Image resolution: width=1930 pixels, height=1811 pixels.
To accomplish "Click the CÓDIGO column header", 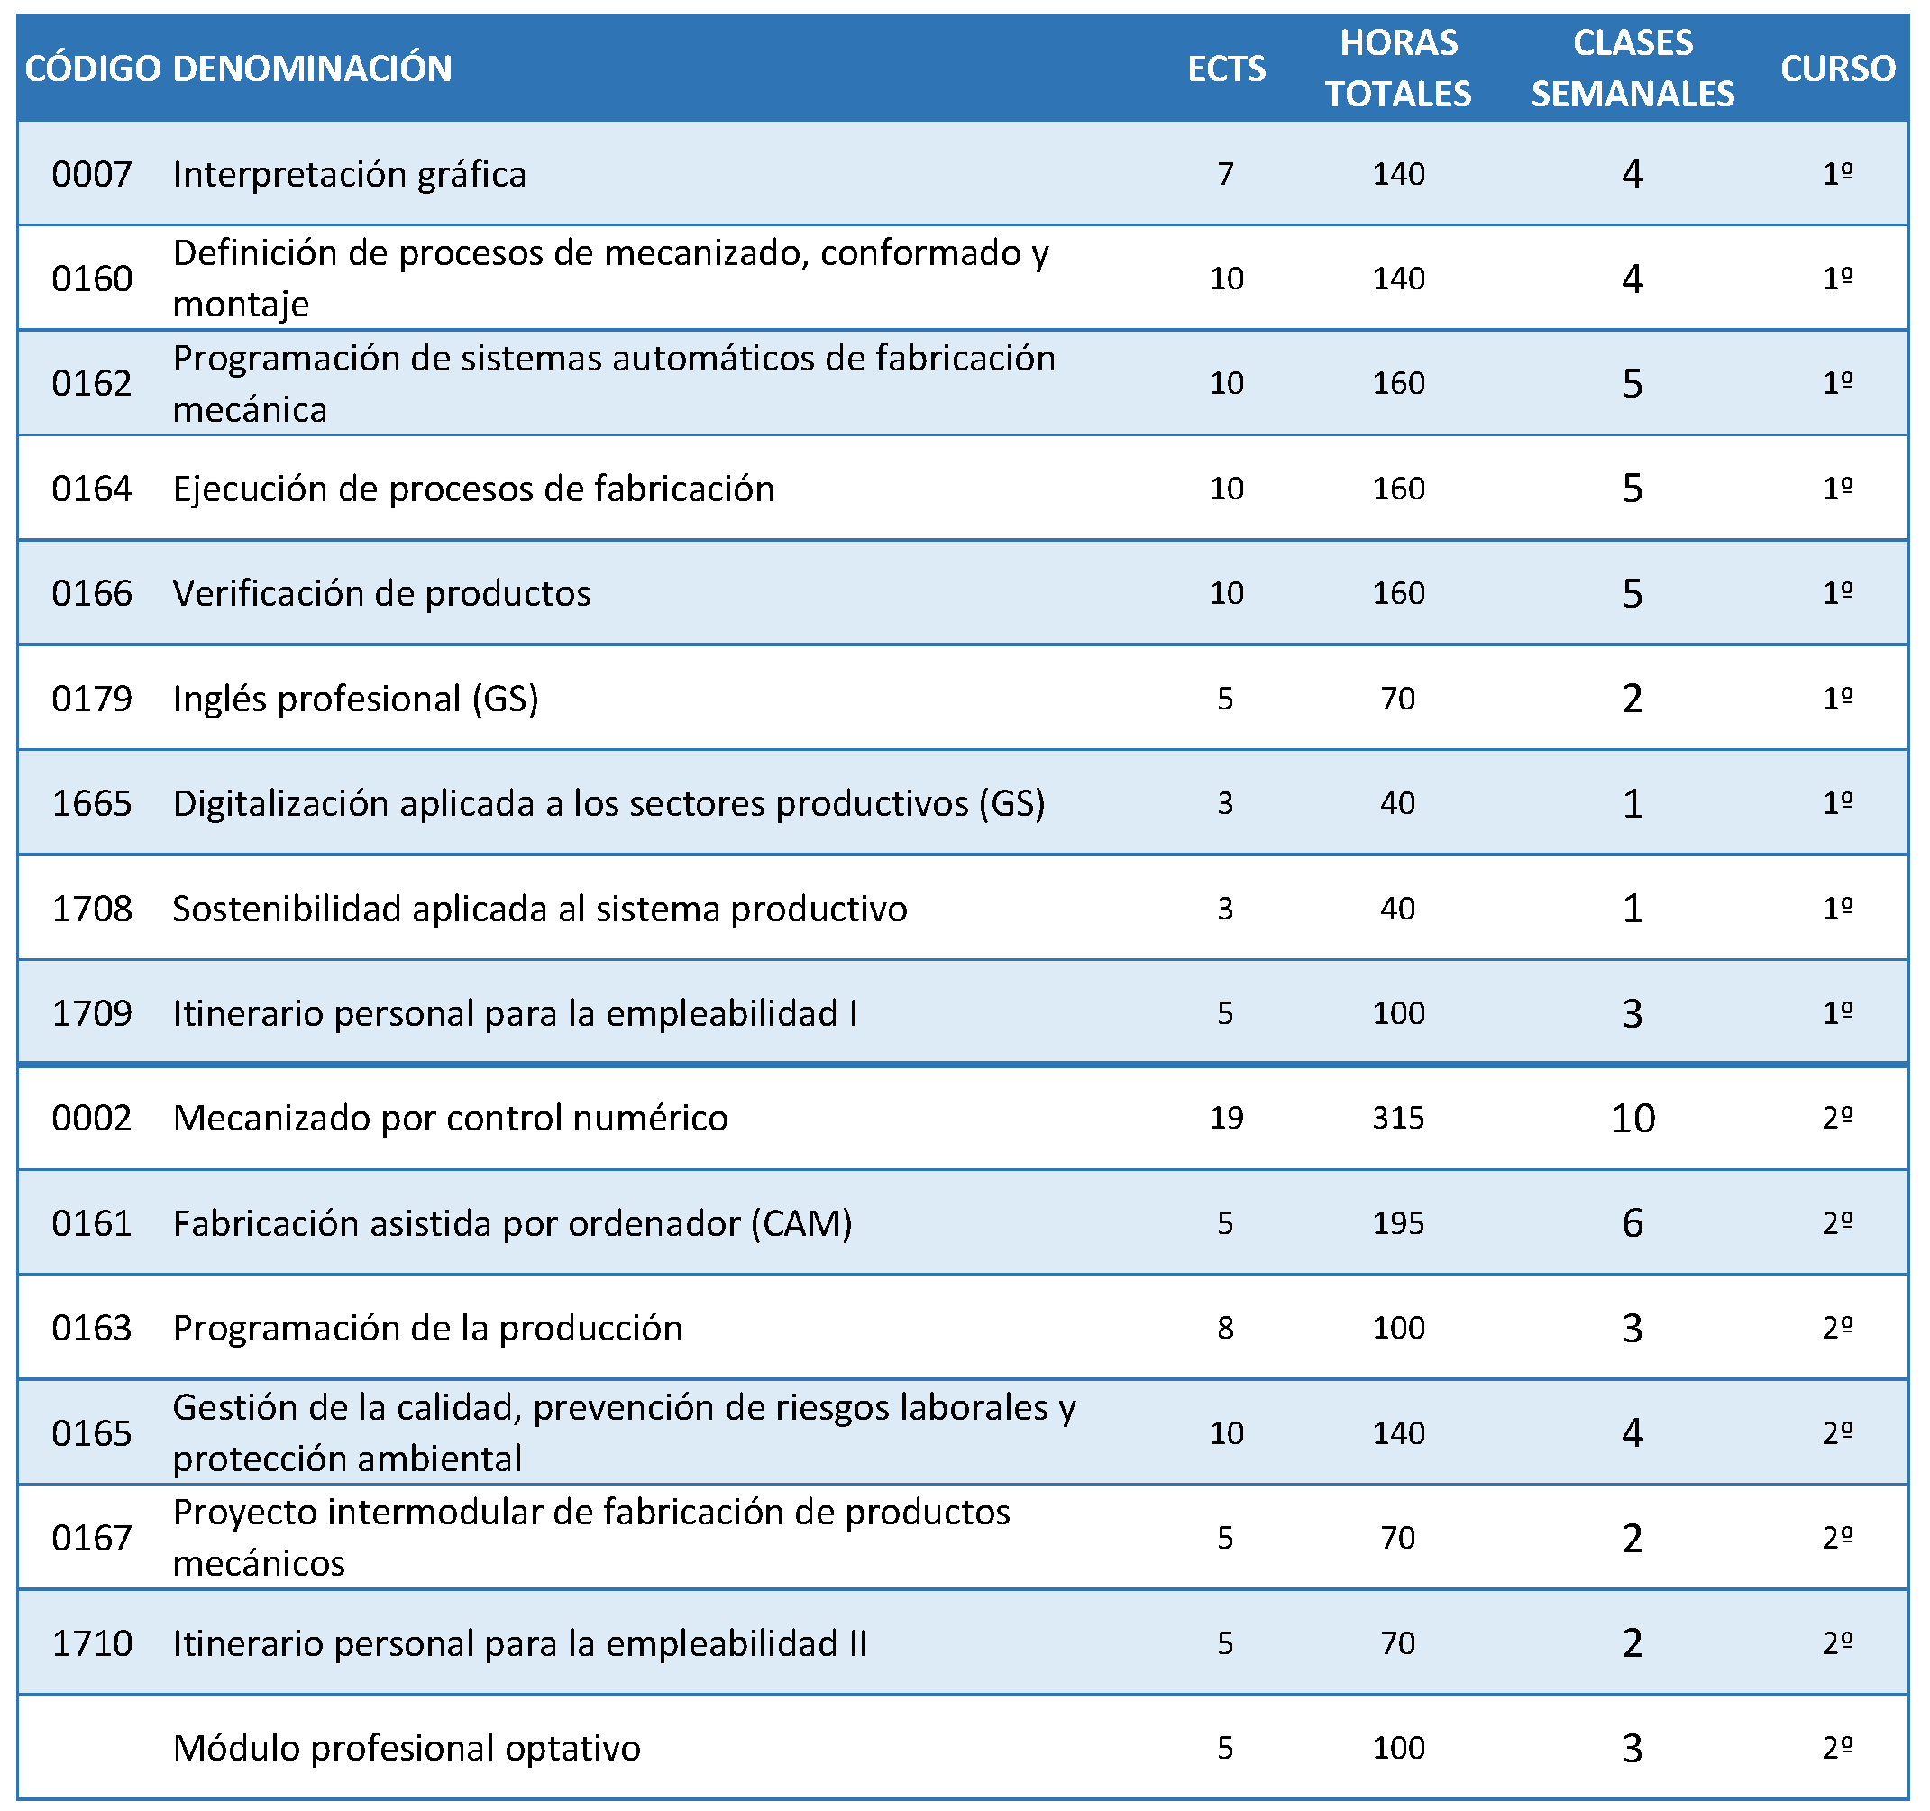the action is click(x=92, y=69).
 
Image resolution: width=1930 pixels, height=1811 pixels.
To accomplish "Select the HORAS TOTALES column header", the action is click(x=1398, y=68).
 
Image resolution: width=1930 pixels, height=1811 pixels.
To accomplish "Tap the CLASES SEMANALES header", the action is click(x=1633, y=68).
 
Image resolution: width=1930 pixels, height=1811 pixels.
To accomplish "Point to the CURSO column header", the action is click(x=1838, y=69).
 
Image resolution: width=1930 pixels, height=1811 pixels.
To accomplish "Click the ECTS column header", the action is click(x=1226, y=69).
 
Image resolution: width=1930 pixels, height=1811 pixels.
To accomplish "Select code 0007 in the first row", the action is click(x=92, y=174).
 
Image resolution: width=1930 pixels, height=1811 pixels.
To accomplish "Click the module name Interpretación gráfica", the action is click(x=350, y=175).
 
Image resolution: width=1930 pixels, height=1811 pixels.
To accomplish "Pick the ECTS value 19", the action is click(x=1226, y=1118).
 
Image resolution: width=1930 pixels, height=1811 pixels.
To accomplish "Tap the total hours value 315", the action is click(x=1398, y=1118).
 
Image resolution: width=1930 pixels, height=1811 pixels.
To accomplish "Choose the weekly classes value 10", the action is click(x=1633, y=1119).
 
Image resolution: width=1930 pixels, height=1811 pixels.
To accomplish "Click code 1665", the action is click(x=92, y=803).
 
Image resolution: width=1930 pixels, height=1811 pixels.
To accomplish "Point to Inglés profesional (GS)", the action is click(x=355, y=700).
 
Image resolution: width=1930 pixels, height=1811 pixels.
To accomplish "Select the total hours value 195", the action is click(x=1398, y=1222).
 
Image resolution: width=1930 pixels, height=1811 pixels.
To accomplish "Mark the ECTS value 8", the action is click(x=1225, y=1328).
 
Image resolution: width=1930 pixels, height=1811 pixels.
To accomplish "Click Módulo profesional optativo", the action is click(x=407, y=1748).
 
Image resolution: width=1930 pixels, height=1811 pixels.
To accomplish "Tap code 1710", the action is click(x=92, y=1643).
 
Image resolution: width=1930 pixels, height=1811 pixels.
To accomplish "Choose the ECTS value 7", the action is click(x=1225, y=174).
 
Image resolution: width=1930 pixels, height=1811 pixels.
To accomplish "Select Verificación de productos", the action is click(x=381, y=593).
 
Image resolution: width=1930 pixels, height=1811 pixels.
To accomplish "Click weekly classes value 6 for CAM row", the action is click(x=1633, y=1223).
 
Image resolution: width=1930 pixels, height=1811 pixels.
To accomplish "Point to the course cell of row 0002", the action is click(x=1838, y=1117).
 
